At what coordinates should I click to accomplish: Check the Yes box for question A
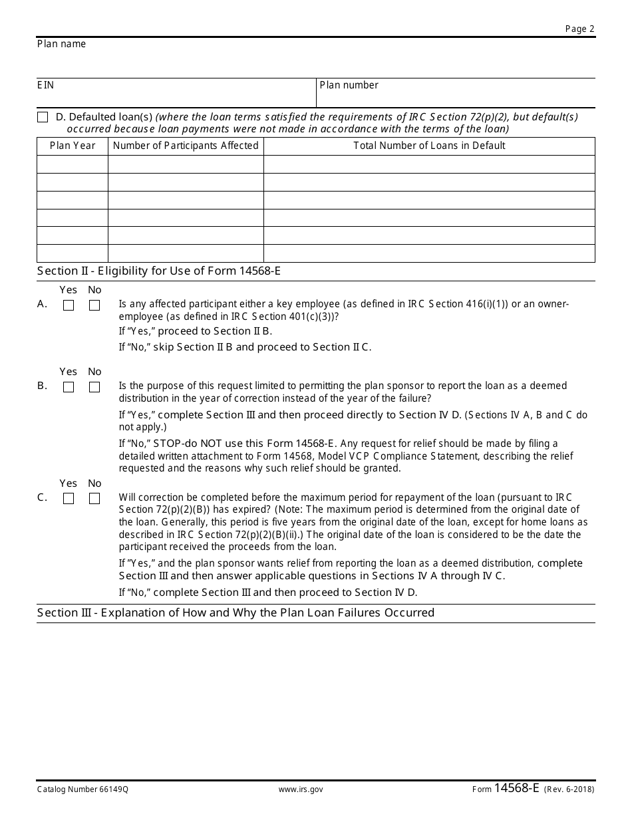point(69,305)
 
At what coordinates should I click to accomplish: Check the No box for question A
point(94,305)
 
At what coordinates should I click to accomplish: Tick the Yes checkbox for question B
point(69,387)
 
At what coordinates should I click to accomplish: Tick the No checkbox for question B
point(94,387)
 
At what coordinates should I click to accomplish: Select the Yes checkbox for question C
point(69,499)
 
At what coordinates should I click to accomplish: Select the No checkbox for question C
point(94,499)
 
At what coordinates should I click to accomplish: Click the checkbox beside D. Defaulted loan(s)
point(43,117)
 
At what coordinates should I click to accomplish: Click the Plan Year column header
point(73,146)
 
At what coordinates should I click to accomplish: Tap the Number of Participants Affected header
point(186,146)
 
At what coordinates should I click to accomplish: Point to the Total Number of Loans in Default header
point(429,146)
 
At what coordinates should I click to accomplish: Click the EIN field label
point(45,85)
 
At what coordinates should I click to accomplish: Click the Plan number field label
point(349,85)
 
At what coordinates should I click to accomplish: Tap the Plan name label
point(61,44)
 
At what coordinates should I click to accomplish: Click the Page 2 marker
point(579,29)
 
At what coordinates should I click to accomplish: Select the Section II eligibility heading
point(164,271)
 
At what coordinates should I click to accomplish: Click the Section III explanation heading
point(236,613)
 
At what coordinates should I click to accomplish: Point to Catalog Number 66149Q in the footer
point(82,789)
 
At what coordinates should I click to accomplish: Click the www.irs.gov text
point(301,789)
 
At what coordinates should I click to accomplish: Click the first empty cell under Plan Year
point(73,164)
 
